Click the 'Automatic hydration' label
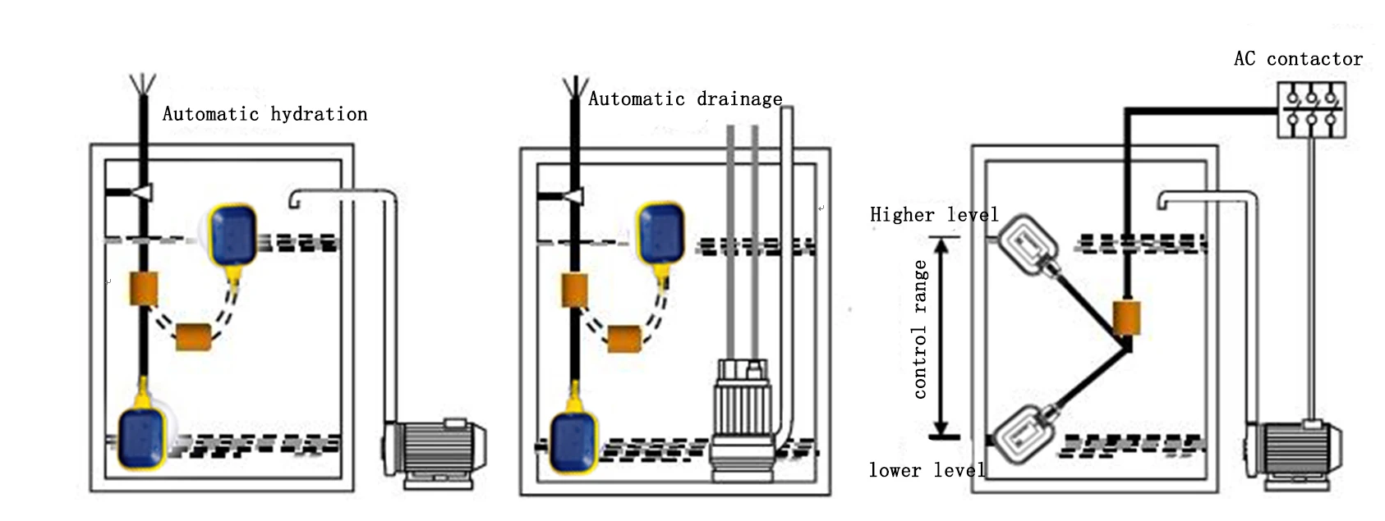pos(265,114)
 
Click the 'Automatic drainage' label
pos(685,99)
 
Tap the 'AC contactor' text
pos(1298,59)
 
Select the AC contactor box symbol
pos(1311,109)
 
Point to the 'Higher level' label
pos(934,215)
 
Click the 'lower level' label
pos(927,470)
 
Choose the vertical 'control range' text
pos(920,329)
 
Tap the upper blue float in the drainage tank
pos(660,232)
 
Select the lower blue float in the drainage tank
pos(573,441)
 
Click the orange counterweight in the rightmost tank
pos(1126,318)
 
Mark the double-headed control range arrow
pos(942,336)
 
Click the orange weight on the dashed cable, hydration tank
pos(194,336)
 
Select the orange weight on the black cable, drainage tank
pos(574,290)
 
